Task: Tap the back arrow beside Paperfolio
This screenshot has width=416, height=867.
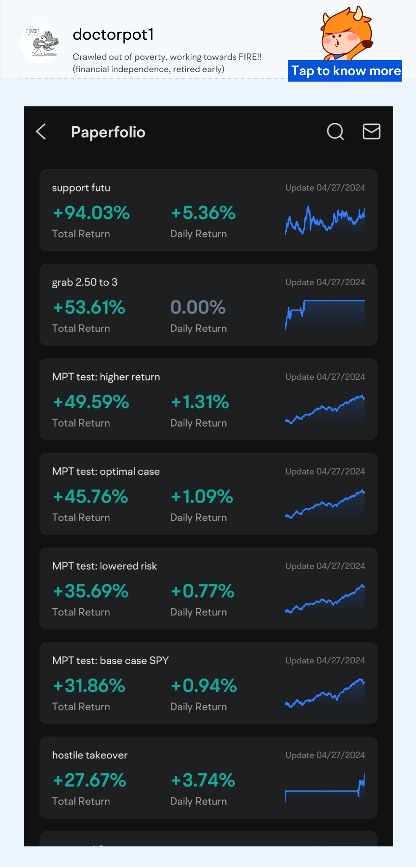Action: [41, 132]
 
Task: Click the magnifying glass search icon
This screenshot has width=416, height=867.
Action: [335, 132]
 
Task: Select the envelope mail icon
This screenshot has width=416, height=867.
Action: [371, 132]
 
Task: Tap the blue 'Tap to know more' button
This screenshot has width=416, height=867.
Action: [345, 71]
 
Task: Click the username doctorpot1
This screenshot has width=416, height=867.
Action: [113, 35]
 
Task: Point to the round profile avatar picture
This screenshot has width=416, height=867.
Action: [40, 43]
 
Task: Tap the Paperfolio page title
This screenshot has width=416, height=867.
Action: [108, 132]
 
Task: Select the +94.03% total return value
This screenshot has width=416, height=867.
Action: [92, 213]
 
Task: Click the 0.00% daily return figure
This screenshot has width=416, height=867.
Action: [198, 307]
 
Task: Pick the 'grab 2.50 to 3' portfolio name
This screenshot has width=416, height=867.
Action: [85, 282]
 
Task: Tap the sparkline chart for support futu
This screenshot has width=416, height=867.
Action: [324, 221]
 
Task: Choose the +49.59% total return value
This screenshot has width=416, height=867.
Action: [91, 402]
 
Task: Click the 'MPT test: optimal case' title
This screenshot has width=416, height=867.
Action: [106, 471]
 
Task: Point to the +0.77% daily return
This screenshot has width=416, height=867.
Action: [202, 591]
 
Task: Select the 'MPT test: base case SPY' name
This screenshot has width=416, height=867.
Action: [110, 660]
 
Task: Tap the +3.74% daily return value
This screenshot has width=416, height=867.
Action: [203, 780]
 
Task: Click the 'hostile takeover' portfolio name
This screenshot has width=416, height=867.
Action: [90, 755]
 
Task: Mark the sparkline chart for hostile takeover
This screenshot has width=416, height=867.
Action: [324, 788]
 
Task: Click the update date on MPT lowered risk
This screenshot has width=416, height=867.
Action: [325, 566]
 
